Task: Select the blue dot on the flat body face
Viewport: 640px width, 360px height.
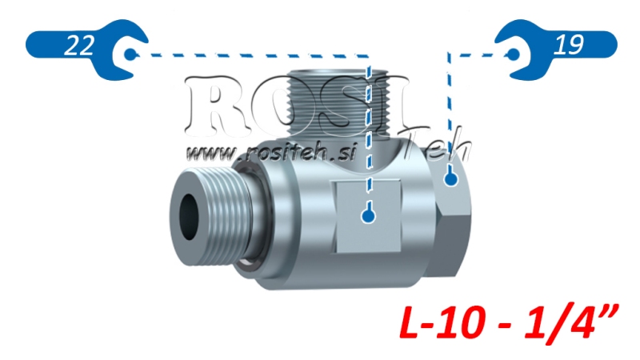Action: tap(368, 214)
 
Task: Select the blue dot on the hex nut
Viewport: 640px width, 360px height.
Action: tap(450, 180)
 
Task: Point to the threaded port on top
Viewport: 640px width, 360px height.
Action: tap(336, 100)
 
